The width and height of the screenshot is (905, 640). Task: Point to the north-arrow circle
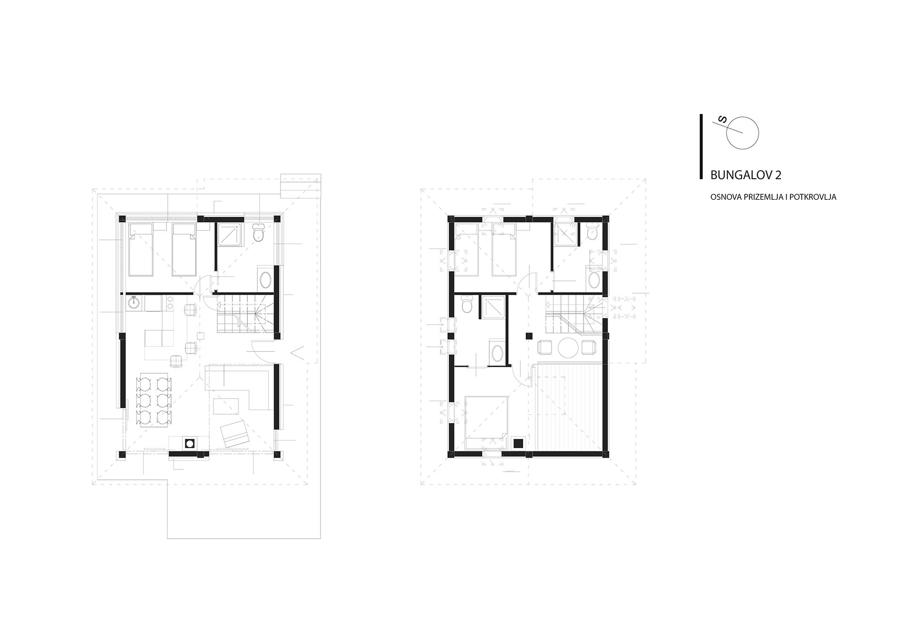[x=742, y=133]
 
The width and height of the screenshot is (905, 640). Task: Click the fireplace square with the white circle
[x=189, y=443]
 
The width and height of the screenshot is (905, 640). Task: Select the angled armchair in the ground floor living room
[x=234, y=433]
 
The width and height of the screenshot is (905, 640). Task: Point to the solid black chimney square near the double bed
[x=518, y=443]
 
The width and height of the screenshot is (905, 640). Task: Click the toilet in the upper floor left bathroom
[x=467, y=304]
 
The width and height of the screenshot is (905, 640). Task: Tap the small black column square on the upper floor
[x=529, y=336]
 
